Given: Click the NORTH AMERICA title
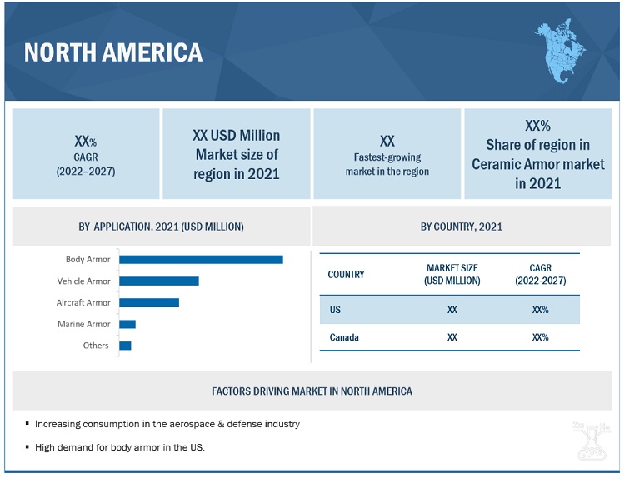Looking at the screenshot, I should click(113, 52).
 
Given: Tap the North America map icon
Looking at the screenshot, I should click(559, 52).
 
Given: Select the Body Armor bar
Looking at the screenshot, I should click(202, 260).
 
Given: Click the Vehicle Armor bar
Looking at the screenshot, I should click(159, 281).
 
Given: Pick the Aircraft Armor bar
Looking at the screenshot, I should click(149, 302).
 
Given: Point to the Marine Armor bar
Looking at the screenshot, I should click(127, 324).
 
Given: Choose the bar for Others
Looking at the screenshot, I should click(126, 346).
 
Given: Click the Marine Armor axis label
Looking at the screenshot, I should click(83, 324).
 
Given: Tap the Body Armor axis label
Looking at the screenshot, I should click(87, 260).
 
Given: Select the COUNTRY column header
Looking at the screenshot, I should click(346, 275).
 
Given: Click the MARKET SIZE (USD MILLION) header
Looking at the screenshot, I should click(452, 275).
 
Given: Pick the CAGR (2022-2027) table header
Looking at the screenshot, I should click(541, 275).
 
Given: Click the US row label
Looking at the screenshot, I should click(335, 310).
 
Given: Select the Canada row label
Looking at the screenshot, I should click(342, 337).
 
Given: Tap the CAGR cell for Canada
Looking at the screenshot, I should click(540, 337).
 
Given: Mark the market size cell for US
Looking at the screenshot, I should click(452, 310).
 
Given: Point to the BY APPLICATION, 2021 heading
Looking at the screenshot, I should click(161, 227).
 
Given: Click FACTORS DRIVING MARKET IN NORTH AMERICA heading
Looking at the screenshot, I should click(312, 391).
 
